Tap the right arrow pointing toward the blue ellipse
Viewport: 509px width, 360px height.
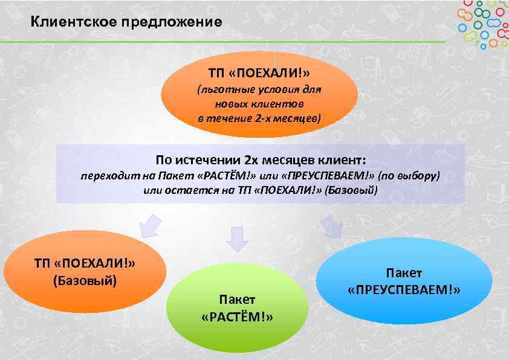point(330,226)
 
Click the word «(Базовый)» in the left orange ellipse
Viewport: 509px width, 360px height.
point(85,281)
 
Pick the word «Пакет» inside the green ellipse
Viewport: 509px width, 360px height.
point(237,300)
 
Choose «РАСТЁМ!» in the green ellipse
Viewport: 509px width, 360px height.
point(237,317)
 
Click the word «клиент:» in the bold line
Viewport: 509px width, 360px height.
point(345,160)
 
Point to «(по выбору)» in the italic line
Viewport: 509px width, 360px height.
point(409,176)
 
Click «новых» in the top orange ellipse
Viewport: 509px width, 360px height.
point(231,104)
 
